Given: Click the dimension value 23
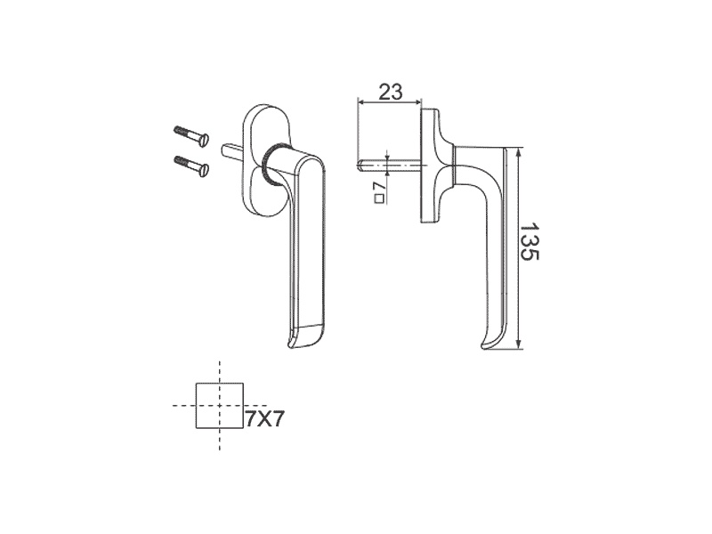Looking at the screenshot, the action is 391,93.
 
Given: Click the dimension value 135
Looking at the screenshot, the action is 529,241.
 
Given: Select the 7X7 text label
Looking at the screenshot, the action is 264,418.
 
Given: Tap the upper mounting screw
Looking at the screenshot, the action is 190,136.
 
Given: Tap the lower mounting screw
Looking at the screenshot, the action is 190,166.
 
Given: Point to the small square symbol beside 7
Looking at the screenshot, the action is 379,198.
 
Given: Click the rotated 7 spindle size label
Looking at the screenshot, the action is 379,186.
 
